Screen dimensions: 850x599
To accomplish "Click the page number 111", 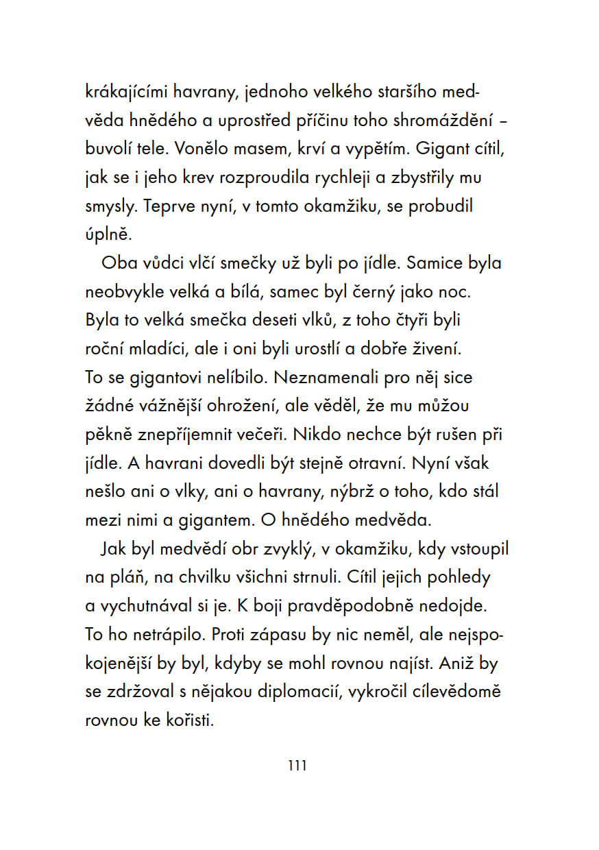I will click(x=297, y=765).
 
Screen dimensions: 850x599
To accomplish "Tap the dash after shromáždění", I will click(x=504, y=121).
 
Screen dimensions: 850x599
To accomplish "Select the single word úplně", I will click(x=108, y=234).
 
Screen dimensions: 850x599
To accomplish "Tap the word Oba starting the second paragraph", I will click(x=119, y=263).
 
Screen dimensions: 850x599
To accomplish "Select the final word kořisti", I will click(x=186, y=720).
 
